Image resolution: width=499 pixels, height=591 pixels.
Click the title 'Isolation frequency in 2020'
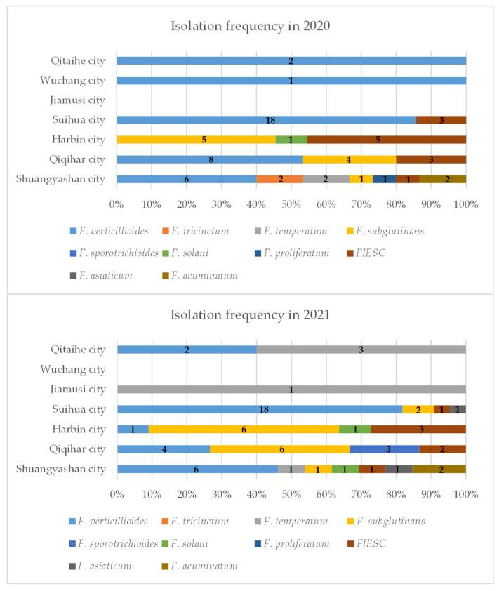249,27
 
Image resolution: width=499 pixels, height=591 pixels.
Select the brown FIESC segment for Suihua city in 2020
441,120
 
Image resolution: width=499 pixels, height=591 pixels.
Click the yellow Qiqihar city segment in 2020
349,159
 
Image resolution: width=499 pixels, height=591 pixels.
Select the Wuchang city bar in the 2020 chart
291,80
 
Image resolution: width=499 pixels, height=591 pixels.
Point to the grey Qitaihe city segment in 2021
361,350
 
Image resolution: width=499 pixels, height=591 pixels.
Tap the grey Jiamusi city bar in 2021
291,389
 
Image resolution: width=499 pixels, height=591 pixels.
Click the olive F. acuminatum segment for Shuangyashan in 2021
439,469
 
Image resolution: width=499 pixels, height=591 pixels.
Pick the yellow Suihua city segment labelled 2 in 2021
418,409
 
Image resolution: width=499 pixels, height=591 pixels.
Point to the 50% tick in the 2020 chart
291,204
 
